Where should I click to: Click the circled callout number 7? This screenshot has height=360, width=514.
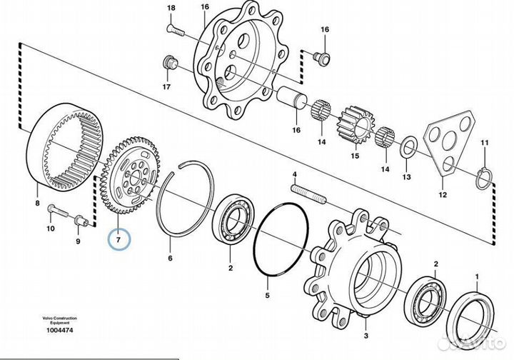coord(120,236)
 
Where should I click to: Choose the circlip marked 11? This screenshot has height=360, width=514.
coord(483,179)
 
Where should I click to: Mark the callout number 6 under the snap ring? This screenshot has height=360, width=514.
coord(170,259)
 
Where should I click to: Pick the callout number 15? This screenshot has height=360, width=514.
coord(354,156)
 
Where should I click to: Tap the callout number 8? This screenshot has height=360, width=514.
coord(38,203)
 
